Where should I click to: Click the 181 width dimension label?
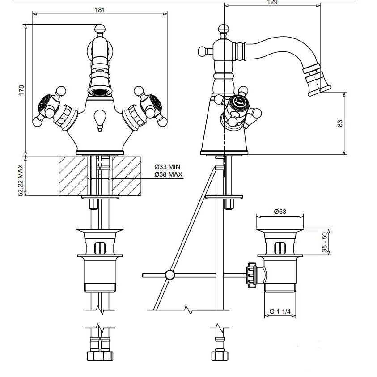(x=100, y=10)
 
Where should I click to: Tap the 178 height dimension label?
(x=21, y=90)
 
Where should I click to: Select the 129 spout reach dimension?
(x=272, y=2)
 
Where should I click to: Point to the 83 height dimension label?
(x=340, y=123)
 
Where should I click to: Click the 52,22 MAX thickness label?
(x=21, y=180)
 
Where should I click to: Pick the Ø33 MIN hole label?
(x=167, y=167)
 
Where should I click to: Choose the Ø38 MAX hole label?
(x=168, y=174)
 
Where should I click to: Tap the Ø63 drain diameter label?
(x=280, y=212)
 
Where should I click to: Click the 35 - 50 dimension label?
(x=325, y=242)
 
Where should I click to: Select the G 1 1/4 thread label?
(x=280, y=312)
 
